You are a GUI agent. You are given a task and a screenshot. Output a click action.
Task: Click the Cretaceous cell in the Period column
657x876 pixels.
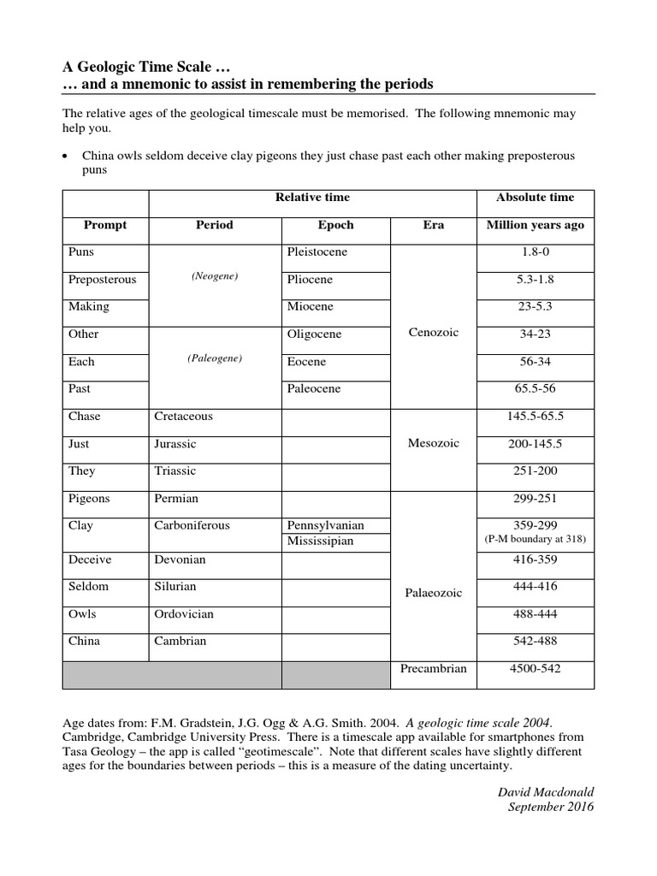coord(183,417)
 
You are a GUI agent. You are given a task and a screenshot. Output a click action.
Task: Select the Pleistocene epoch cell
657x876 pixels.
coord(317,252)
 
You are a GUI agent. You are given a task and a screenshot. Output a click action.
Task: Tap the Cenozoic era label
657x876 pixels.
coord(433,333)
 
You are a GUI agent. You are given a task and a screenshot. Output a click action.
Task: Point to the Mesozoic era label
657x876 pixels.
coord(433,443)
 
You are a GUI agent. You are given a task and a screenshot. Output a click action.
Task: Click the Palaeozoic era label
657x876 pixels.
coord(433,592)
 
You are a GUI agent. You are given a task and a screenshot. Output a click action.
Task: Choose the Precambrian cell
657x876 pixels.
coord(433,668)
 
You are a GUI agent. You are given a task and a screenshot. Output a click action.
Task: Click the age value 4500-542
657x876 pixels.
coord(535,668)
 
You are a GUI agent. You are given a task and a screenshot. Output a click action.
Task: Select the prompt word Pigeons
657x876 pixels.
coord(89,498)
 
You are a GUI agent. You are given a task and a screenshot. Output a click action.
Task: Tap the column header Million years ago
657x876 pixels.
coord(535,225)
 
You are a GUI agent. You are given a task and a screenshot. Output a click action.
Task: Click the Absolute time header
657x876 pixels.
coord(535,198)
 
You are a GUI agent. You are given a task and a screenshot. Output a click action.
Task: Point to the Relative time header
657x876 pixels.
coord(312,198)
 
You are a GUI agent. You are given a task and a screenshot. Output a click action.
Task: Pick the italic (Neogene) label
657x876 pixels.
coord(215,276)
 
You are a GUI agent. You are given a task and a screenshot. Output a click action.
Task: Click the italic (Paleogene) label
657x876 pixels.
coord(215,358)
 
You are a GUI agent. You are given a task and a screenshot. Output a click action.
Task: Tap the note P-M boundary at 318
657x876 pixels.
coord(535,540)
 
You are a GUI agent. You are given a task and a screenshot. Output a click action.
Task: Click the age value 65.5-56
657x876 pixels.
coord(535,388)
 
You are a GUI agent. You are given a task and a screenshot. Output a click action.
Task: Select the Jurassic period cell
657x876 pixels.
coord(175,444)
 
